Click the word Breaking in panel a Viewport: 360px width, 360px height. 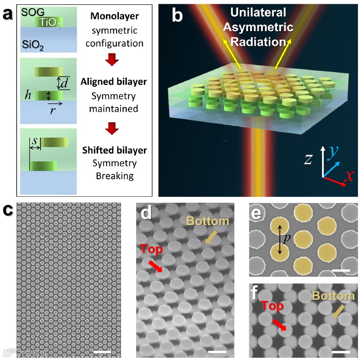click(115, 176)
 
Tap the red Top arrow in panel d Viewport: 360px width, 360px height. click(156, 266)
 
